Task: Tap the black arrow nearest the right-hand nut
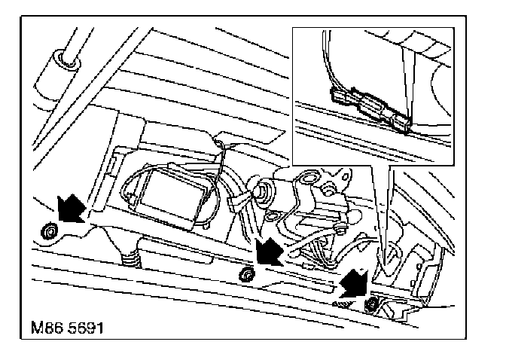[352, 282]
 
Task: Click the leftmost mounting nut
[48, 230]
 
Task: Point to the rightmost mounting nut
[371, 304]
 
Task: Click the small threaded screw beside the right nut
[343, 302]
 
